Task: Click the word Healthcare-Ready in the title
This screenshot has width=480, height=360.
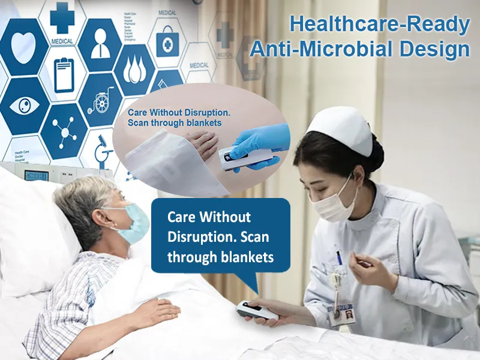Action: pyautogui.click(x=379, y=25)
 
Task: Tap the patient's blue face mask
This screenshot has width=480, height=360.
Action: pyautogui.click(x=133, y=224)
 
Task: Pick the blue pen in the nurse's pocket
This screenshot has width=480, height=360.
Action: pyautogui.click(x=339, y=258)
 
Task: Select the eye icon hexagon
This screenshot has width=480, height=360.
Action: pyautogui.click(x=24, y=106)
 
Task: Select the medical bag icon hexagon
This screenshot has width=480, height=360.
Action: pyautogui.click(x=167, y=42)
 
